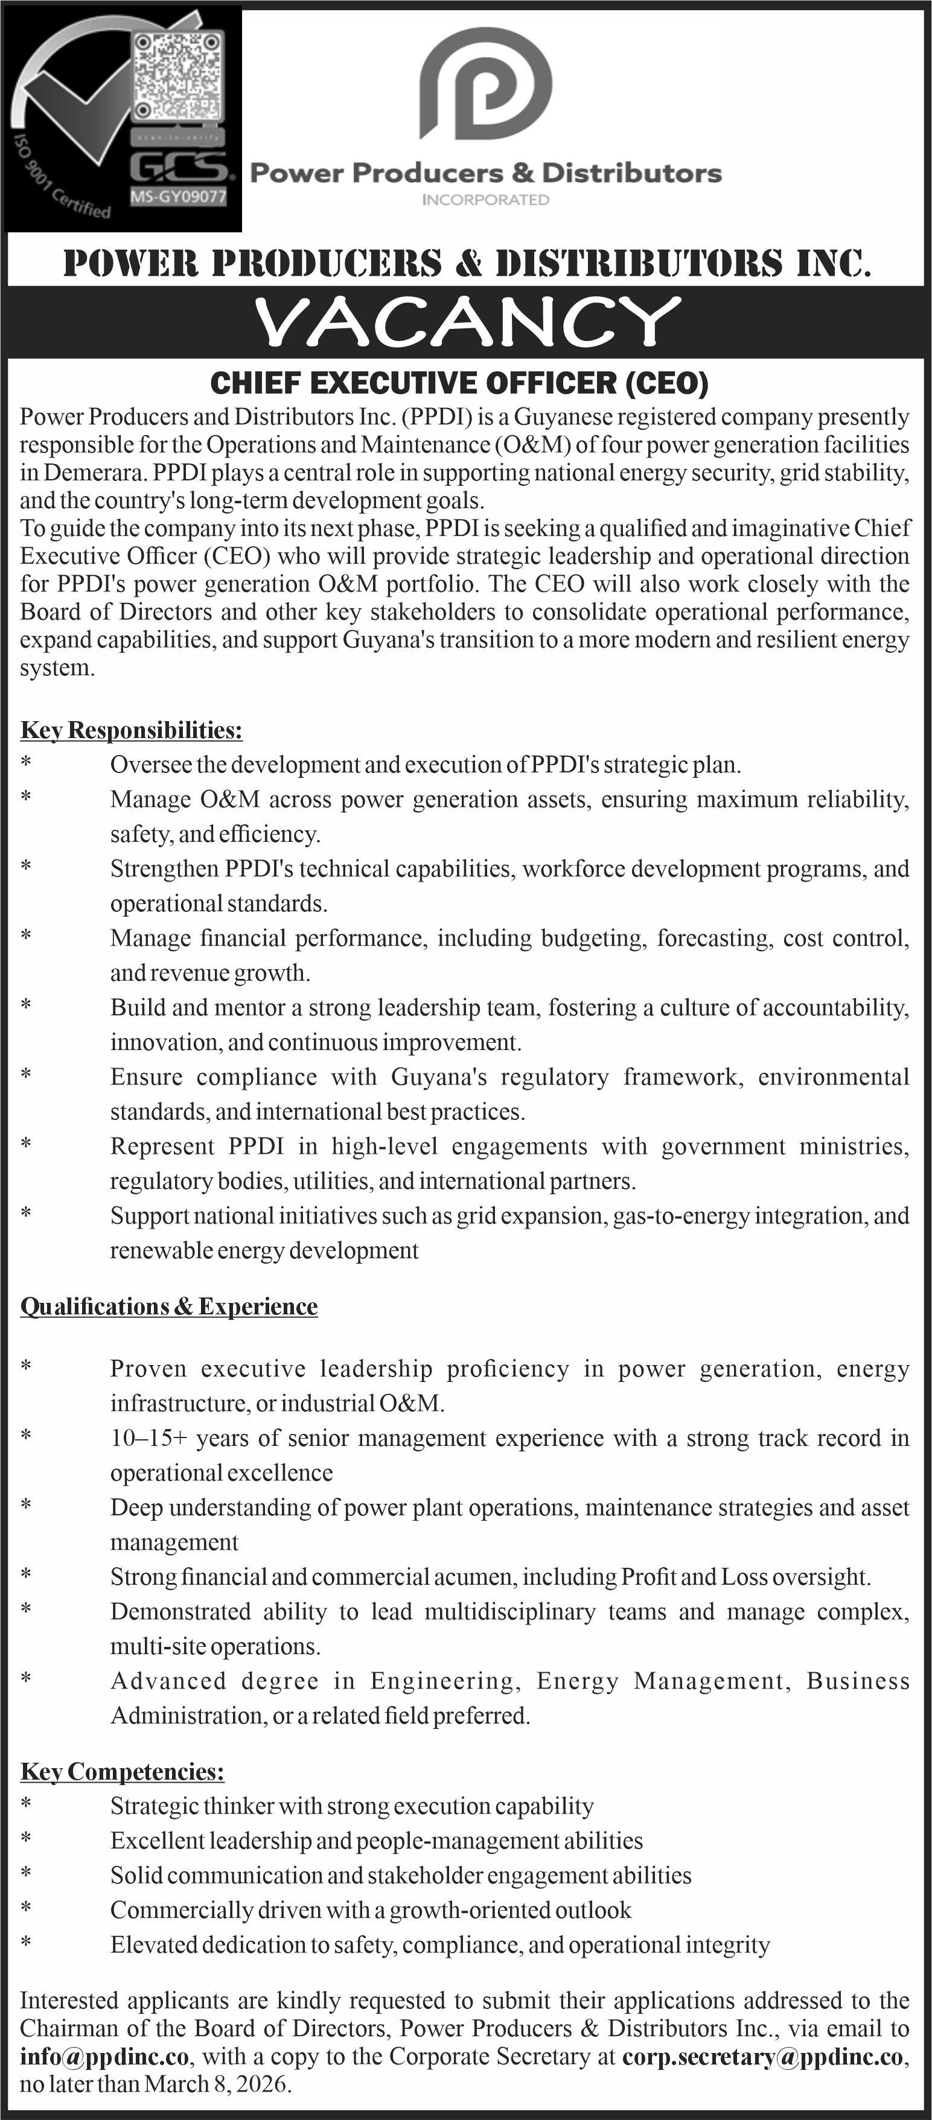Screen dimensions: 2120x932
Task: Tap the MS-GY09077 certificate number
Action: (178, 197)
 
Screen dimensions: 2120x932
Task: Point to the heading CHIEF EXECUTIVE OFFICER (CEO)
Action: (459, 383)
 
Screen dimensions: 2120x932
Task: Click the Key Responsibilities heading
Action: (131, 730)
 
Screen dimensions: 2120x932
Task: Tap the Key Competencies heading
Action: (122, 1771)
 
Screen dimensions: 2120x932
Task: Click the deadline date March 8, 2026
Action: (217, 2084)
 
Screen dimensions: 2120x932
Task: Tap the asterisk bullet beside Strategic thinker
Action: (27, 1806)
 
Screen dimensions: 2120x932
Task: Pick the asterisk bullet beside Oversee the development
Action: (27, 765)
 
